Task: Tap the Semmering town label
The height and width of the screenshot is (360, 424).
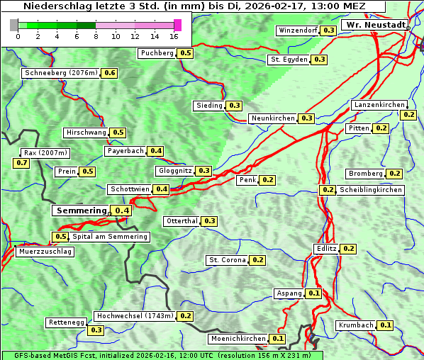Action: (x=81, y=210)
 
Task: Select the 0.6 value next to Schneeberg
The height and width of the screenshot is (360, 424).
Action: (x=110, y=73)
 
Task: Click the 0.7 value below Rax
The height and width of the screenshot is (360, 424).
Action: (x=21, y=163)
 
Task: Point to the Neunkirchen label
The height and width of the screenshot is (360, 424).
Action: (x=273, y=118)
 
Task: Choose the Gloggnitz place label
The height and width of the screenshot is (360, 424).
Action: (x=174, y=171)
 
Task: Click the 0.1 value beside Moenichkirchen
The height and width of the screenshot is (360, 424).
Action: (x=277, y=339)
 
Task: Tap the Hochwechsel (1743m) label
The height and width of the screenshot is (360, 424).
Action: (x=135, y=315)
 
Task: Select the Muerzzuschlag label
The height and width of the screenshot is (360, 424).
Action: (x=45, y=252)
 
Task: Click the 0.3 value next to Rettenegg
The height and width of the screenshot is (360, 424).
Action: (x=96, y=330)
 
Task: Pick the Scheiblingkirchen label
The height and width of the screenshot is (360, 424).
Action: (x=370, y=190)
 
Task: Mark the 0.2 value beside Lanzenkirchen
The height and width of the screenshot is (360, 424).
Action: (x=408, y=114)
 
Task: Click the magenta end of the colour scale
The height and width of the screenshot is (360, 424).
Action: (x=177, y=25)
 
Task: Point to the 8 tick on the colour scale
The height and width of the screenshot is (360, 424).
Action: (x=96, y=35)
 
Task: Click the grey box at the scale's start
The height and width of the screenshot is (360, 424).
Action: (x=13, y=25)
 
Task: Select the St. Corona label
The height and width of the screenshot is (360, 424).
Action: (x=227, y=260)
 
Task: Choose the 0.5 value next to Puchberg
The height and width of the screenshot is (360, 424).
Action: (x=186, y=53)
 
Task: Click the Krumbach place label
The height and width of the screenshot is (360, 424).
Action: (x=356, y=325)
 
